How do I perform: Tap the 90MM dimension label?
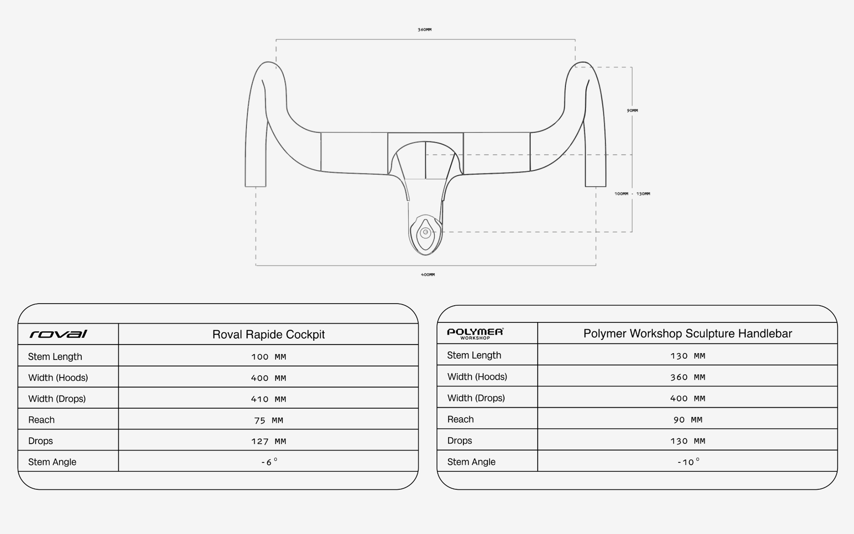(x=632, y=110)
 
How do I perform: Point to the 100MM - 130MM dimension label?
(x=632, y=194)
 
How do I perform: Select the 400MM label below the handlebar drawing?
(x=427, y=274)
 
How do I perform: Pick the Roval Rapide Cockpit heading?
(x=268, y=334)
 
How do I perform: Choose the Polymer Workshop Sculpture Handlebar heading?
(x=688, y=333)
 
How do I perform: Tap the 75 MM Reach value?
(x=268, y=420)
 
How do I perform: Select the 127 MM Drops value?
(x=268, y=441)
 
